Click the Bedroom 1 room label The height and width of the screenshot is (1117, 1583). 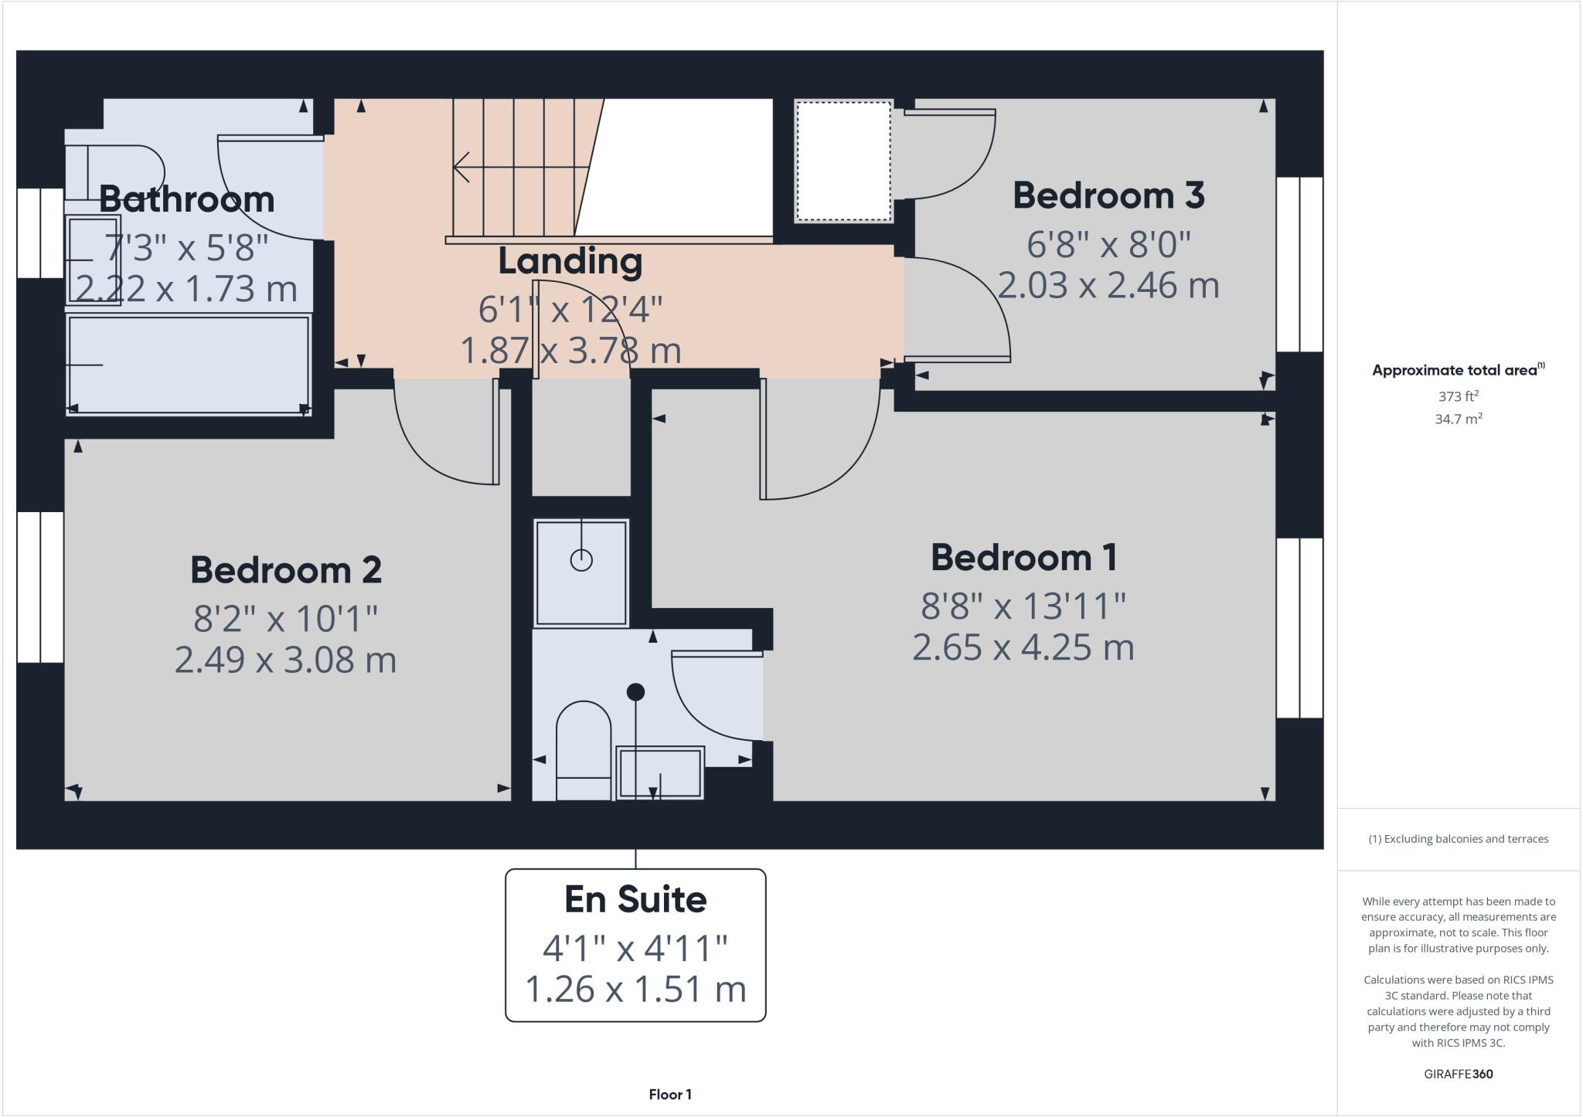coord(1023,558)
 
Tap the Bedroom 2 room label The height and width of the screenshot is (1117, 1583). coord(286,570)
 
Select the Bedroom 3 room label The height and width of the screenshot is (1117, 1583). coord(1108,195)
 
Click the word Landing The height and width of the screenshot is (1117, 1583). coord(570,261)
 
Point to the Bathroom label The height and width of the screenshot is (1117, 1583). coord(186,199)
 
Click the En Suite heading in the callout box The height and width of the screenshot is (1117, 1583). coord(635,899)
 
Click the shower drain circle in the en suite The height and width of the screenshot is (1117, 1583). coord(581,560)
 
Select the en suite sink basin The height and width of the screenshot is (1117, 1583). coord(659,772)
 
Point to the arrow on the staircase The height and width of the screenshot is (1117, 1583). coord(462,167)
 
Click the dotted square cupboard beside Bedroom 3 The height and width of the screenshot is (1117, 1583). coord(843,161)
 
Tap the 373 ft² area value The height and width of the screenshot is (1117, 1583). coord(1458,396)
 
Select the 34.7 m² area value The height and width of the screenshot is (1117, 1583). coord(1458,419)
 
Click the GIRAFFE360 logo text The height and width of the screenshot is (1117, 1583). coord(1458,1074)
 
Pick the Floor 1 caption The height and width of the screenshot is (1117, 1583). coord(670,1095)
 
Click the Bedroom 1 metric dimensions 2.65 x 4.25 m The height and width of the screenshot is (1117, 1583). coord(1023,647)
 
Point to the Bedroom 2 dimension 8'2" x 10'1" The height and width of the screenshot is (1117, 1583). coord(286,618)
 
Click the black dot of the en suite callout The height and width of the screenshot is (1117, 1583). coord(635,692)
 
